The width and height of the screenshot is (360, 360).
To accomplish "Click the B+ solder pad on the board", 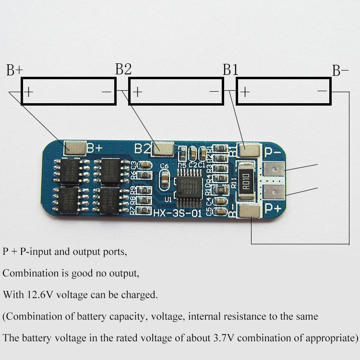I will coord(75,148).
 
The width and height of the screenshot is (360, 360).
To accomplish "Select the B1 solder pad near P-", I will coord(250,151).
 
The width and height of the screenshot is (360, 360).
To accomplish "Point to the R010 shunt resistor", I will coord(246,179).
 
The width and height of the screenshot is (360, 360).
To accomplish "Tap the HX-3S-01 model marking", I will coord(177,213).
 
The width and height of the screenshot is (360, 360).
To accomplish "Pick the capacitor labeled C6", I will coord(164,180).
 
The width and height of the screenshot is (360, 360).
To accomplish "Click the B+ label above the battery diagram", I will coord(14,71).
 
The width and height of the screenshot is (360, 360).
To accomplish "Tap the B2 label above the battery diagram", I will coord(123,70).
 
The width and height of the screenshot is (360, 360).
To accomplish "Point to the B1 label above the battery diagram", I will coord(231,70).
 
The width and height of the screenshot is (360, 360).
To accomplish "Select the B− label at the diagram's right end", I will coord(340,71).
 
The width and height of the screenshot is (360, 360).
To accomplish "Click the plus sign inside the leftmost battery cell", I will coord(29,92).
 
